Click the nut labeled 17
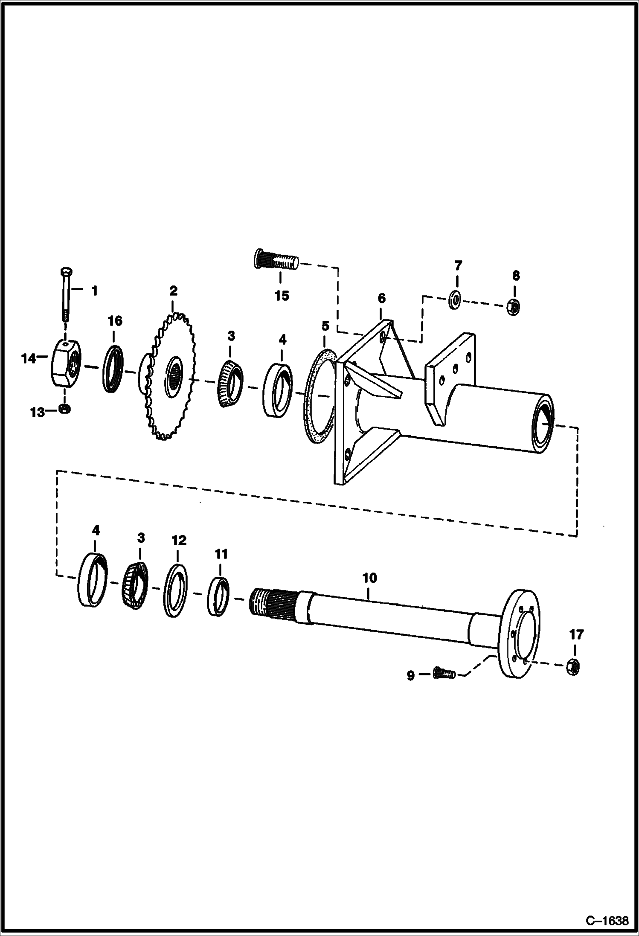574,666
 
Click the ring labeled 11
218,596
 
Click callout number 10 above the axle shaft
369,578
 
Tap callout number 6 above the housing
381,298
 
